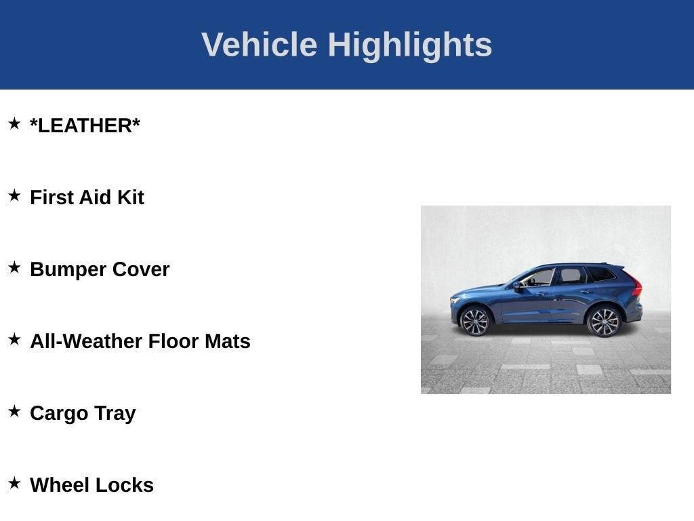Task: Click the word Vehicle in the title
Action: tap(259, 45)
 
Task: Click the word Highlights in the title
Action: tap(409, 45)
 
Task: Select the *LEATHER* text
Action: tap(85, 126)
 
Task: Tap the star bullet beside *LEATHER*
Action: tap(14, 123)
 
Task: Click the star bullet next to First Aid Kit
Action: tap(14, 195)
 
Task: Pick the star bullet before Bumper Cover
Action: tap(14, 267)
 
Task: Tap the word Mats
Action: tap(227, 341)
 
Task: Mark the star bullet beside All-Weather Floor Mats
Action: tap(14, 339)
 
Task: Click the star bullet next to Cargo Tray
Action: tap(14, 411)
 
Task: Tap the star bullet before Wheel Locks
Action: tap(14, 483)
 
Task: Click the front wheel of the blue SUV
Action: tap(474, 321)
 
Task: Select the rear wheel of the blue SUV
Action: tap(603, 322)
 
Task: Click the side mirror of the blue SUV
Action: tap(518, 286)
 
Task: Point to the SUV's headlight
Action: tap(455, 299)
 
